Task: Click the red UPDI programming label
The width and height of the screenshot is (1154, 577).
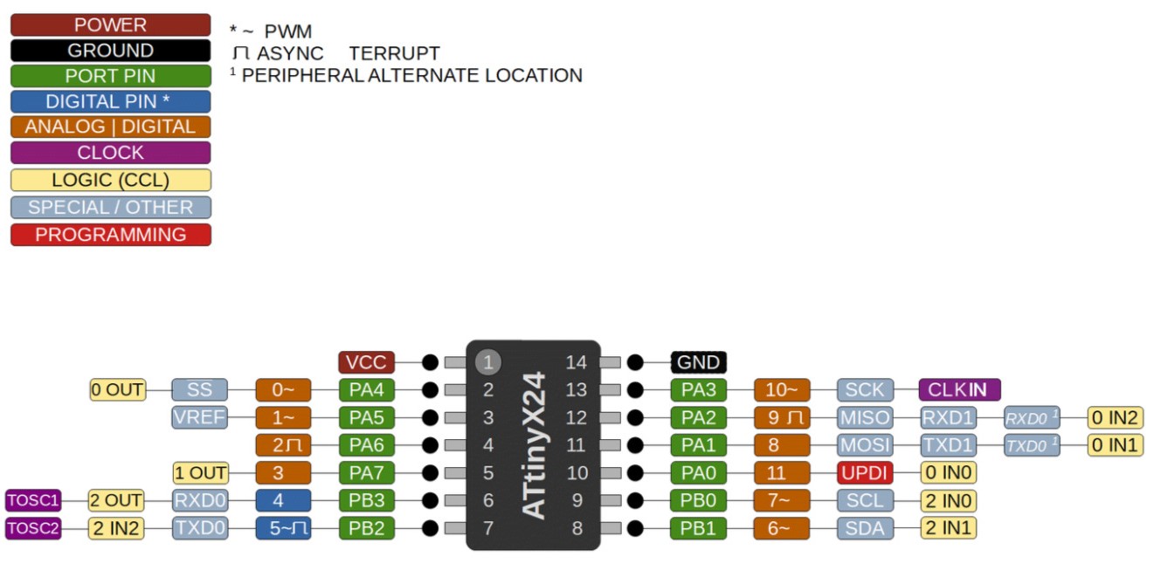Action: [864, 473]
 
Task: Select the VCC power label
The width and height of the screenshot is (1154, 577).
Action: [367, 362]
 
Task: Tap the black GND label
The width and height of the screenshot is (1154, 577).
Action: [699, 362]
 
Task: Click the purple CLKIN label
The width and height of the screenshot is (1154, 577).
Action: [959, 389]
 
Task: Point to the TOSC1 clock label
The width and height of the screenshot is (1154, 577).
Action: [33, 500]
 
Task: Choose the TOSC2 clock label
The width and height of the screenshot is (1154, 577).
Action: [33, 528]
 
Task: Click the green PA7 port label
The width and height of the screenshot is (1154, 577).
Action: [367, 473]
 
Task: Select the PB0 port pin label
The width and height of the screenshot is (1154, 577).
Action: [698, 501]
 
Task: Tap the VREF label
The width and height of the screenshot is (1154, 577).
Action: [199, 417]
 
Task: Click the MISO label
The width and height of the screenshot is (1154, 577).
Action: [864, 417]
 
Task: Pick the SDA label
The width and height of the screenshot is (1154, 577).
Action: [864, 528]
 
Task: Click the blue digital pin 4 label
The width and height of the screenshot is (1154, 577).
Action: [283, 501]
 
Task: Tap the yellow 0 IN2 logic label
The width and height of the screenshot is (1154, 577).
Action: [1115, 417]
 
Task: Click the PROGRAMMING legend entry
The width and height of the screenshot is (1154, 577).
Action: [111, 235]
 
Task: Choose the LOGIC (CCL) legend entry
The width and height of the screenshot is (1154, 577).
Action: [111, 181]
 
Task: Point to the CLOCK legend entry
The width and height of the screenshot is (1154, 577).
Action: [111, 153]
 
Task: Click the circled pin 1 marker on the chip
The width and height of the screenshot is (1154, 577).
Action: [488, 361]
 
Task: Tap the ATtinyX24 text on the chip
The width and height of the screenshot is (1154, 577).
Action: [534, 445]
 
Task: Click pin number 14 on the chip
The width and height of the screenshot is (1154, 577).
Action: [577, 362]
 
